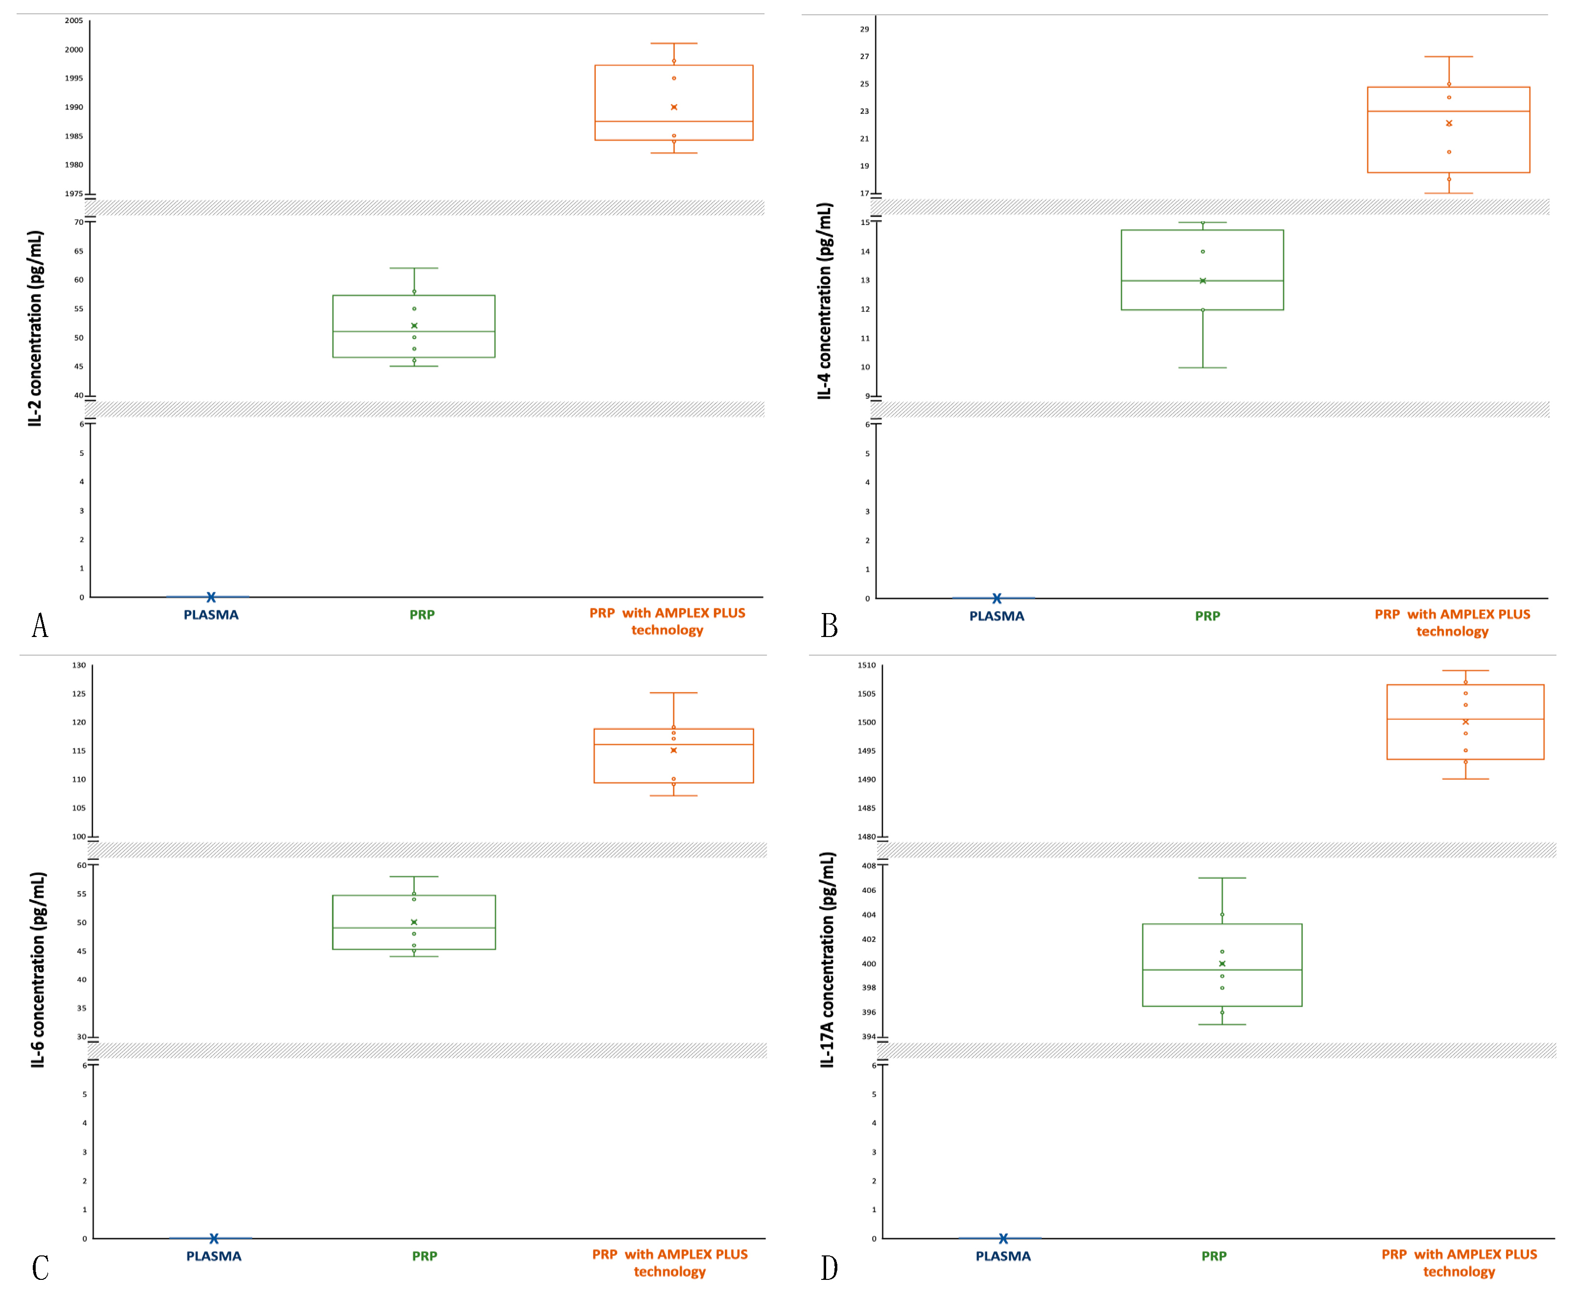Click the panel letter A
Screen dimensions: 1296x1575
click(x=40, y=626)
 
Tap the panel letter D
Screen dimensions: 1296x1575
click(x=830, y=1268)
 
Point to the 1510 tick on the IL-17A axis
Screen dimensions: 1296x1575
click(x=867, y=665)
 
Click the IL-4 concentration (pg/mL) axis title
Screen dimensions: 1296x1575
click(x=824, y=301)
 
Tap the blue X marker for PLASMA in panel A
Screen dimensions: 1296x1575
click(x=211, y=597)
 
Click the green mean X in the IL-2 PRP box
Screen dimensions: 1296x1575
click(x=414, y=326)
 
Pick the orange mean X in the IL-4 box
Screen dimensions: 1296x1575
click(x=1449, y=123)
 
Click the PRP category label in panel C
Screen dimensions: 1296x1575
click(x=425, y=1256)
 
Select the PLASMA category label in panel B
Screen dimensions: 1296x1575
click(x=997, y=616)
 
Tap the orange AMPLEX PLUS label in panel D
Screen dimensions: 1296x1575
click(x=1459, y=1263)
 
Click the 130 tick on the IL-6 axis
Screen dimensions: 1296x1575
click(x=79, y=665)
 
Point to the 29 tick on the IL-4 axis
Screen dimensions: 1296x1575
click(x=864, y=29)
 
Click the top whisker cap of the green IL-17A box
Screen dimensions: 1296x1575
click(x=1222, y=878)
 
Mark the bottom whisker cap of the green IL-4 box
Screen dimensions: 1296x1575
click(x=1203, y=367)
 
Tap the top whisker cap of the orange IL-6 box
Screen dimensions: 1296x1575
click(x=673, y=693)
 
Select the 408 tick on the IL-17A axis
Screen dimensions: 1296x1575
click(x=869, y=866)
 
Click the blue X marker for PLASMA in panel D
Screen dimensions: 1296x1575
click(x=1003, y=1238)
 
